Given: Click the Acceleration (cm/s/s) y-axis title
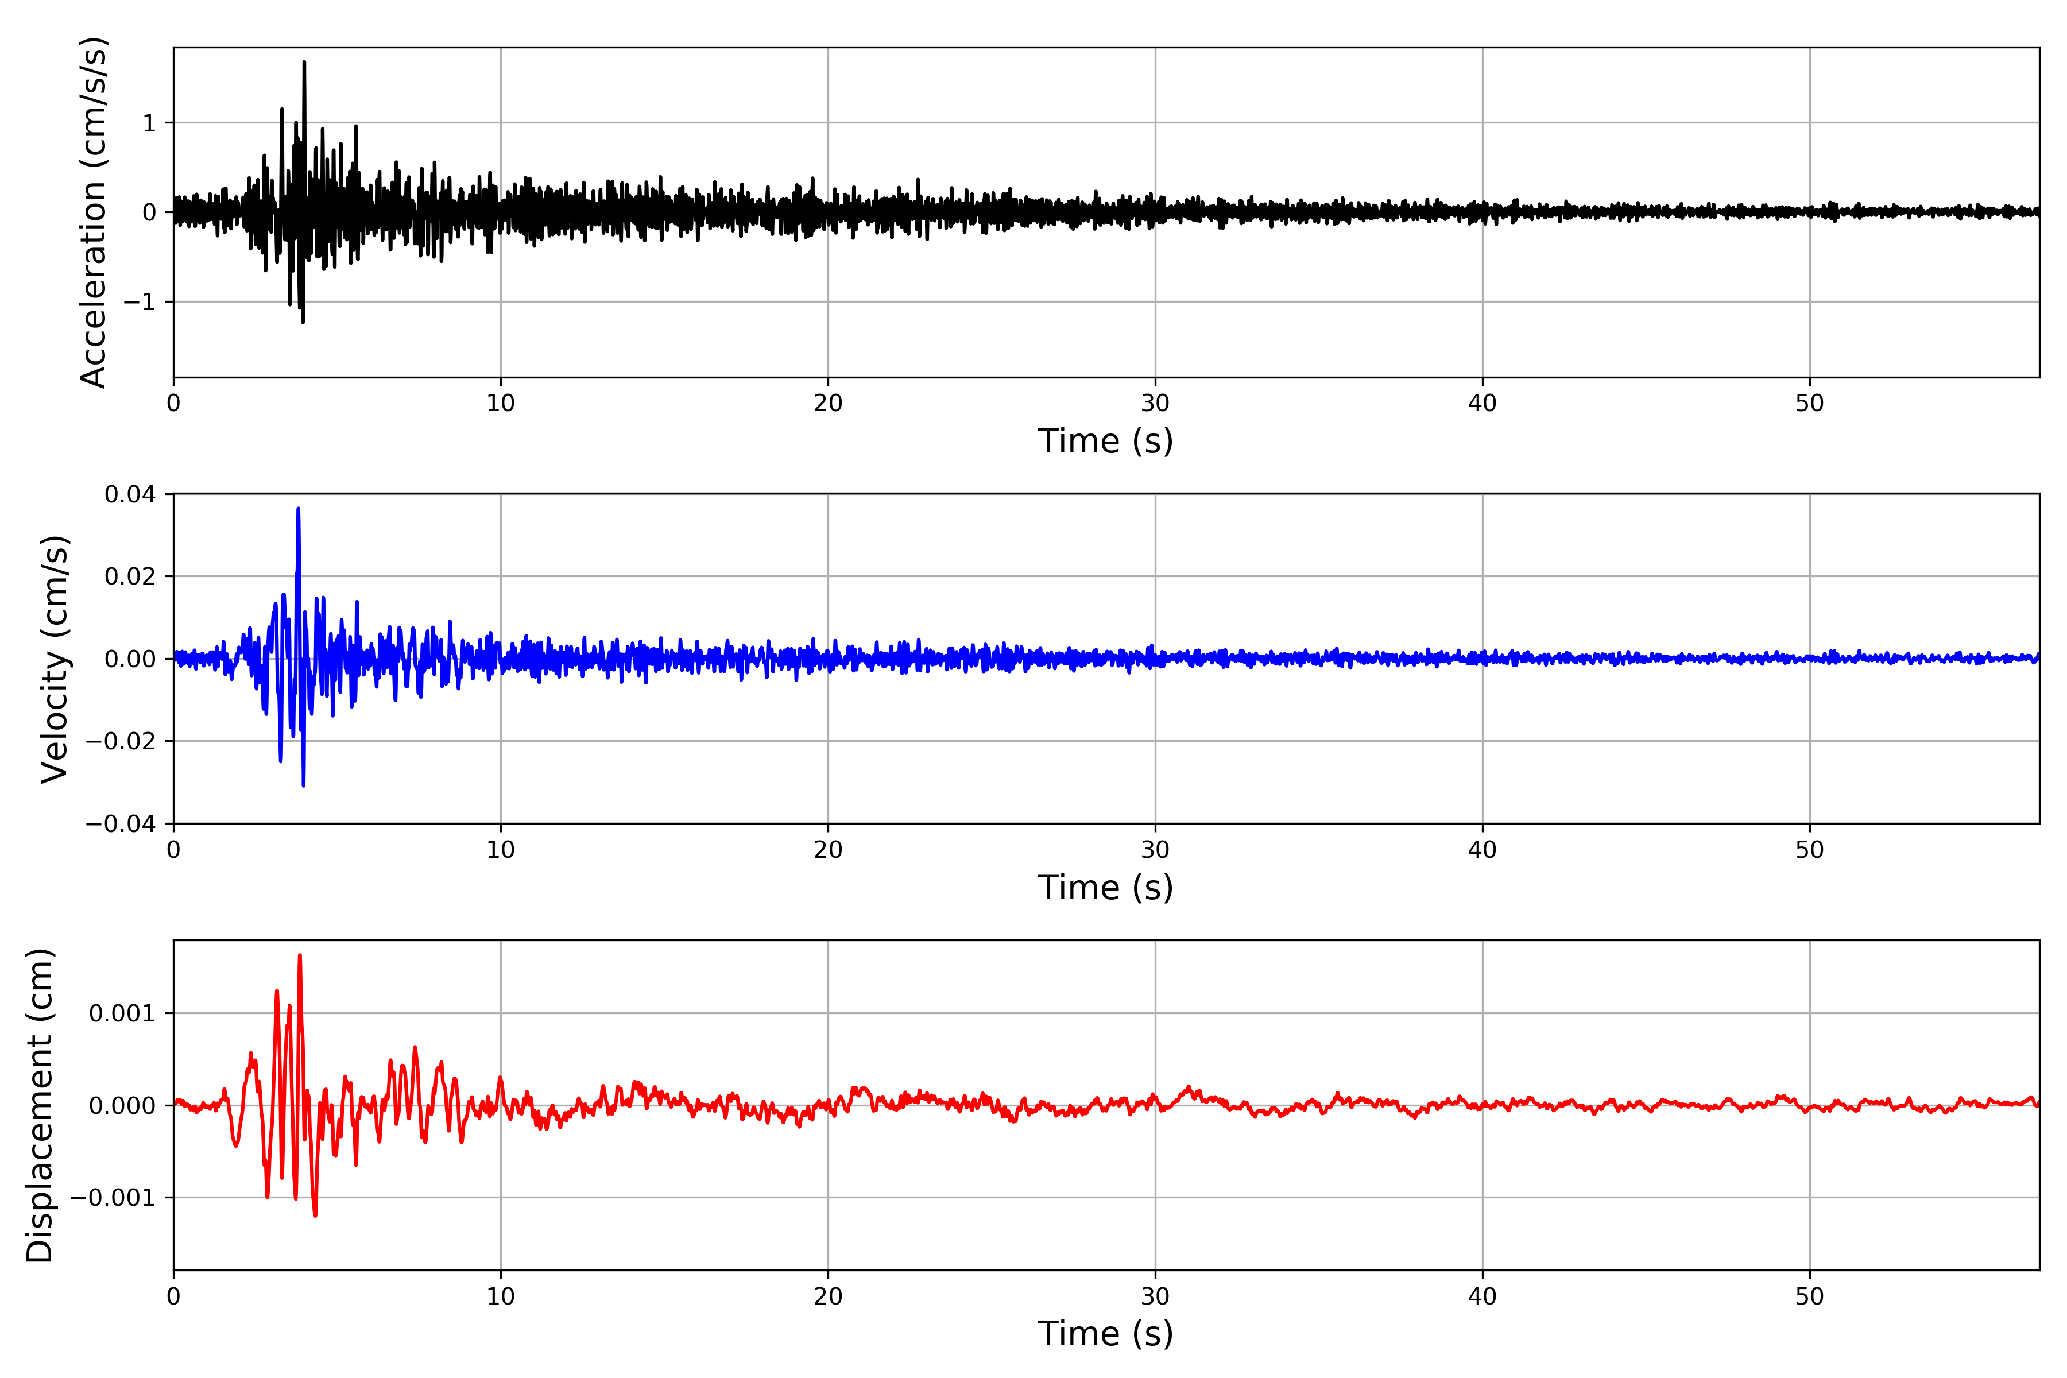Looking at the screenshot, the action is (93, 212).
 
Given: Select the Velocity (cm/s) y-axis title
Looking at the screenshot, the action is (55, 659).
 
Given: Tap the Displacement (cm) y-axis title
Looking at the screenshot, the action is (40, 1106).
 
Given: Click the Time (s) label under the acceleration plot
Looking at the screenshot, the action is (1106, 441).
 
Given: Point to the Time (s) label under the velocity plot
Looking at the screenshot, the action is (1106, 888).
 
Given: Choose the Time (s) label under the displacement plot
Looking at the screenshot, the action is (1106, 1334).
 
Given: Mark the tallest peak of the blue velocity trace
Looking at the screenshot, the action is (299, 509).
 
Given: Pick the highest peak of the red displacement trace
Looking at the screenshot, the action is (300, 955).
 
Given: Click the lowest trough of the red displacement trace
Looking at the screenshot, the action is (315, 1216).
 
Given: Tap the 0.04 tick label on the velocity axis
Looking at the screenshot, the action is (130, 495).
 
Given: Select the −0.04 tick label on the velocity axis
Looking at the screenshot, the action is (121, 825).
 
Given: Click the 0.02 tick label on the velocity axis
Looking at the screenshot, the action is (130, 576).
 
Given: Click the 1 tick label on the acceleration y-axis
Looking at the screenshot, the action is (149, 123).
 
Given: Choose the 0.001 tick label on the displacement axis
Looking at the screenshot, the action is (122, 1014).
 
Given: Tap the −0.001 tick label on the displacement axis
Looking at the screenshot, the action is (113, 1198).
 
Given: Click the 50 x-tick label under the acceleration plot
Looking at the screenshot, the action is (1810, 404).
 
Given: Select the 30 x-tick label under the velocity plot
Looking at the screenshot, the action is (1155, 850).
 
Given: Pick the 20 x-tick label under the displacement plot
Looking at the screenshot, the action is (828, 1296).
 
